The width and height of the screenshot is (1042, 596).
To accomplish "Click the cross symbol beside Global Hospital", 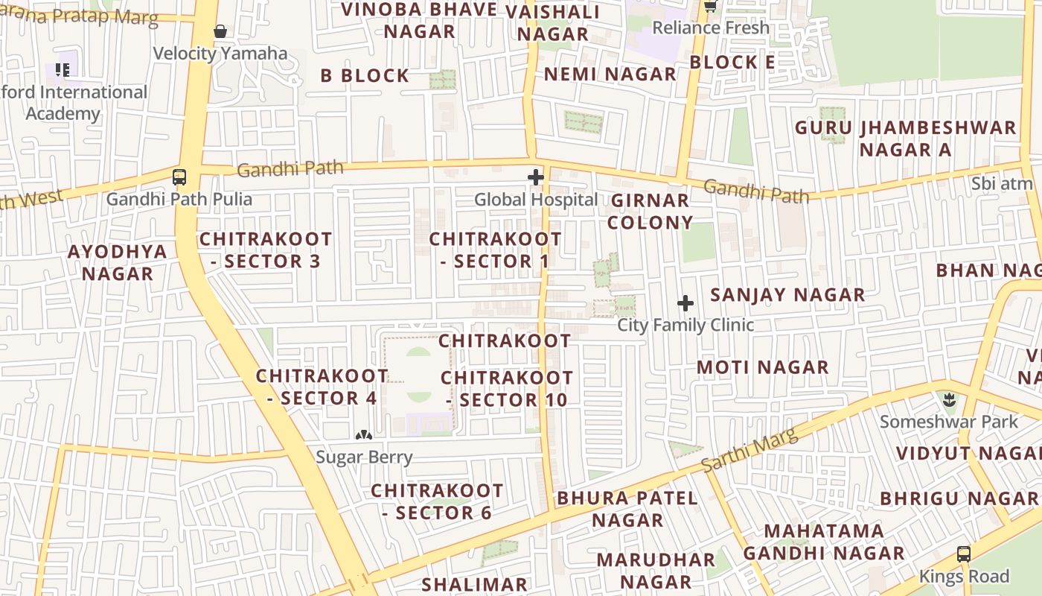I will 535,177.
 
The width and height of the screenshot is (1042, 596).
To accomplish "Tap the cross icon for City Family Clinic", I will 685,303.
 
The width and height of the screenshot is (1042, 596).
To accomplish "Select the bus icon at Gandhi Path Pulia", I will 179,177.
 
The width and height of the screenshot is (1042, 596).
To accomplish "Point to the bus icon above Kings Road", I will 964,554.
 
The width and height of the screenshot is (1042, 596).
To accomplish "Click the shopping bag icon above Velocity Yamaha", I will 220,31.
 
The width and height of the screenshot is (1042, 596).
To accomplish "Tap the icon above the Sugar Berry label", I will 363,434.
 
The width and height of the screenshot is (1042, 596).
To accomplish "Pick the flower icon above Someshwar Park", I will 949,400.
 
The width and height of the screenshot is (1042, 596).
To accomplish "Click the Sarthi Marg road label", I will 749,449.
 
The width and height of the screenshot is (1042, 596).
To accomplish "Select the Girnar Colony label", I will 650,212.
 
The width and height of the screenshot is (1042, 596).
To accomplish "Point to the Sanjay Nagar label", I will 787,295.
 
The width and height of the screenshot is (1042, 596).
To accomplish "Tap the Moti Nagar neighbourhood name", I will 762,367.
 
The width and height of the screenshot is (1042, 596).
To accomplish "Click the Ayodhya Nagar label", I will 118,262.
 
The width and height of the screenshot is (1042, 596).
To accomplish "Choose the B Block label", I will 365,76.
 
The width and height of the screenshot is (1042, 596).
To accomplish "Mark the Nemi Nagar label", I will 610,74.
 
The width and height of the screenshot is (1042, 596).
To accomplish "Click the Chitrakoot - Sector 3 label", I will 266,250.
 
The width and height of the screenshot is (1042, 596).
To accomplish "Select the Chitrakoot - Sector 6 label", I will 437,501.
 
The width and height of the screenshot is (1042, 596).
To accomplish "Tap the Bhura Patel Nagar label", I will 627,509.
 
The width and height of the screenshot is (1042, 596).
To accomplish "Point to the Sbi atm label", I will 1002,183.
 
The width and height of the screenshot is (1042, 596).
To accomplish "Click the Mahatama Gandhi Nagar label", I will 824,542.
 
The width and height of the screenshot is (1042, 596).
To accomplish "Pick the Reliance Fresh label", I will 711,28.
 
